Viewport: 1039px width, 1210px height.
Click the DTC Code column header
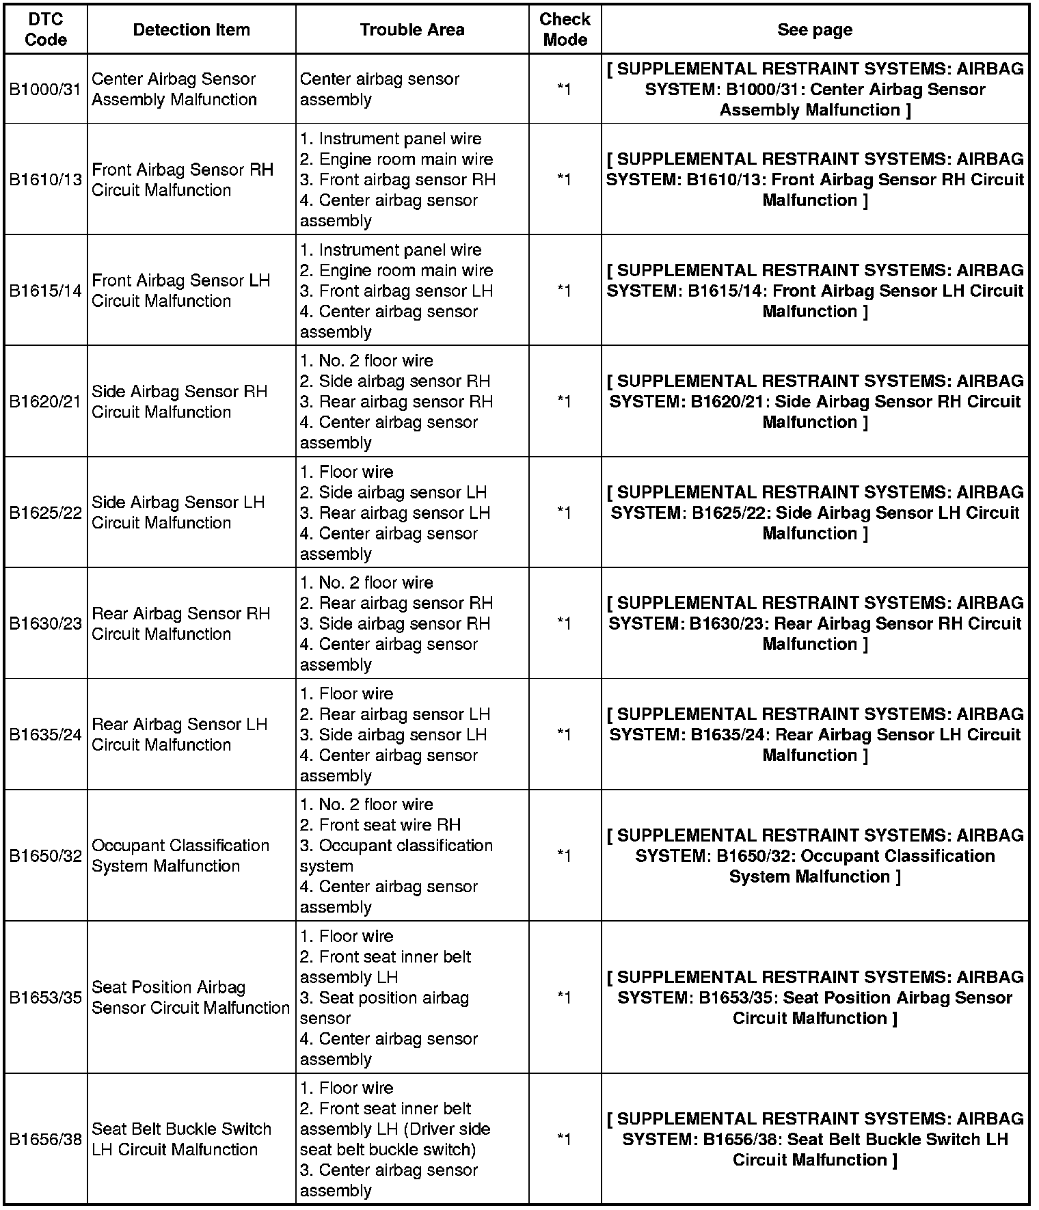tap(46, 30)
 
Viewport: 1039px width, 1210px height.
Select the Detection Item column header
tap(191, 30)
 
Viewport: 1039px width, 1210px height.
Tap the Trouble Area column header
tap(412, 30)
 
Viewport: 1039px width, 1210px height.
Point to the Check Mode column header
tap(565, 30)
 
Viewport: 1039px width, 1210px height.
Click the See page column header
tap(815, 30)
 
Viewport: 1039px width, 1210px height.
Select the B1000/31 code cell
tap(46, 90)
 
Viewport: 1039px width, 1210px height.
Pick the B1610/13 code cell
tap(46, 180)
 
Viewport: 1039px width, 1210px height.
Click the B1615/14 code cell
tap(46, 291)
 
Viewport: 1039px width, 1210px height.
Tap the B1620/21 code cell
tap(46, 402)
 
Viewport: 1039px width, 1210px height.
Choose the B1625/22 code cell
tap(46, 513)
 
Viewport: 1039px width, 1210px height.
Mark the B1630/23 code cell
tap(46, 624)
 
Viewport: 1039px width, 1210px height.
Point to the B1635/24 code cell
tap(46, 735)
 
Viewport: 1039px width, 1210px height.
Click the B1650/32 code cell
tap(46, 856)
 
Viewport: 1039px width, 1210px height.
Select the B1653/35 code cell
tap(46, 998)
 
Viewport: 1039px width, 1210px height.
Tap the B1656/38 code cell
tap(46, 1140)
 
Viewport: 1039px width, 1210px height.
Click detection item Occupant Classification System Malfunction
tap(180, 856)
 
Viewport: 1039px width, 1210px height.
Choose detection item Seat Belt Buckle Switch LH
tap(181, 1140)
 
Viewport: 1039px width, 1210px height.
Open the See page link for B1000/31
tap(815, 90)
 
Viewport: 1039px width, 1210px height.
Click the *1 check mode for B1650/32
tap(564, 856)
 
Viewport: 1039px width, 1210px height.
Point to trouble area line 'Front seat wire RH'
tap(390, 825)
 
